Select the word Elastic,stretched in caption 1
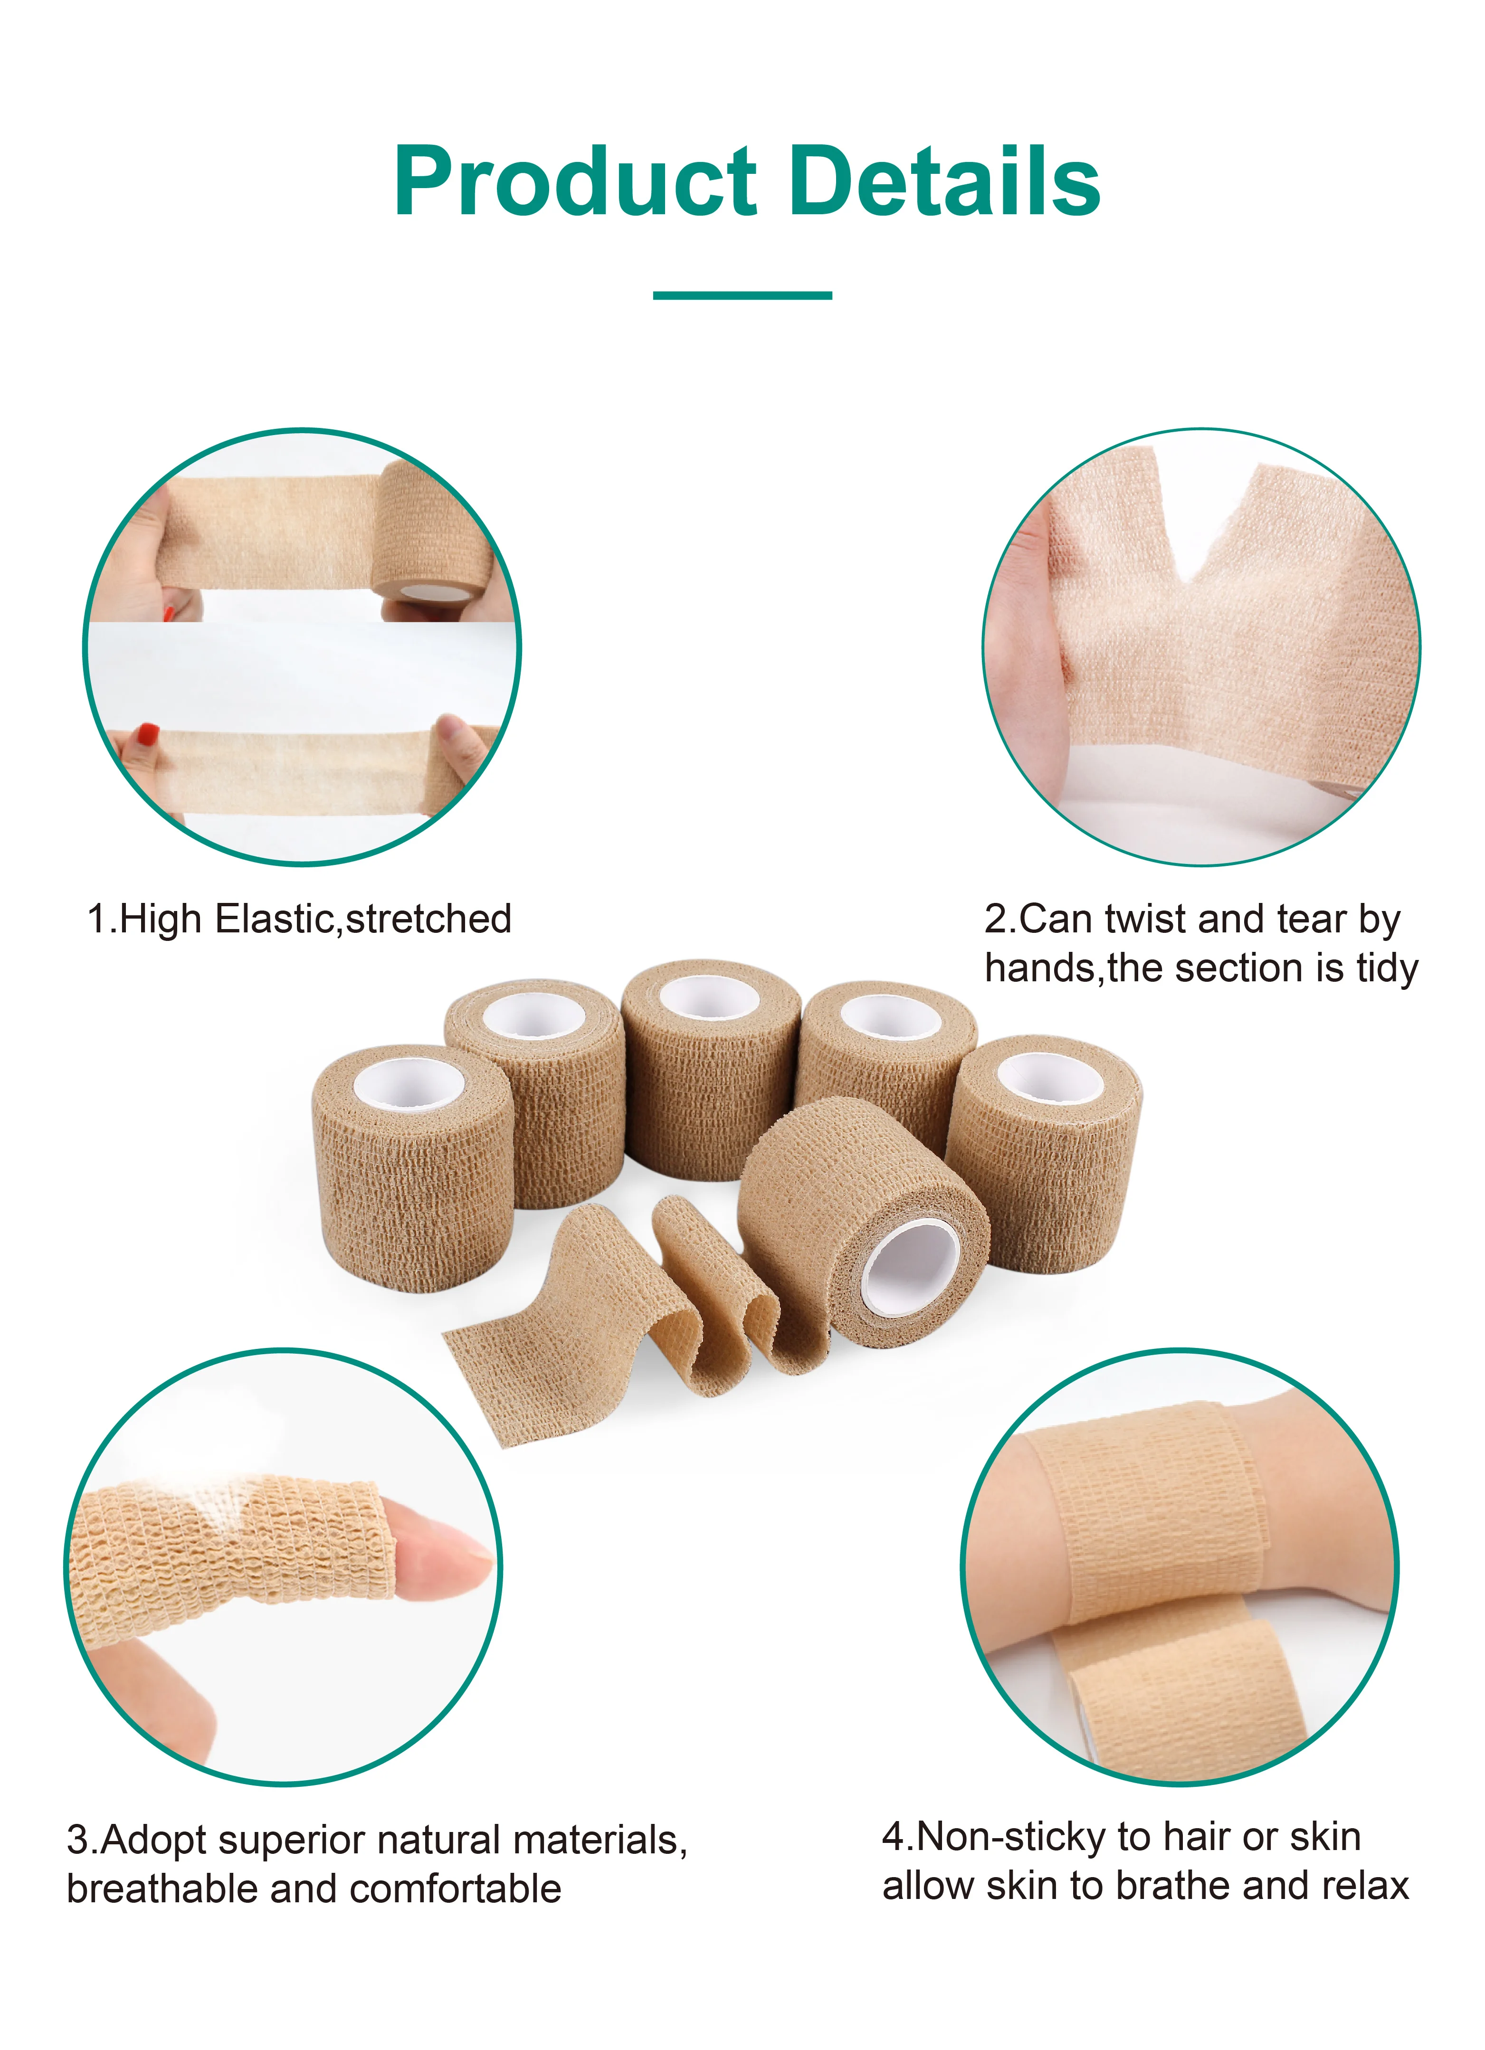pyautogui.click(x=363, y=919)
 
